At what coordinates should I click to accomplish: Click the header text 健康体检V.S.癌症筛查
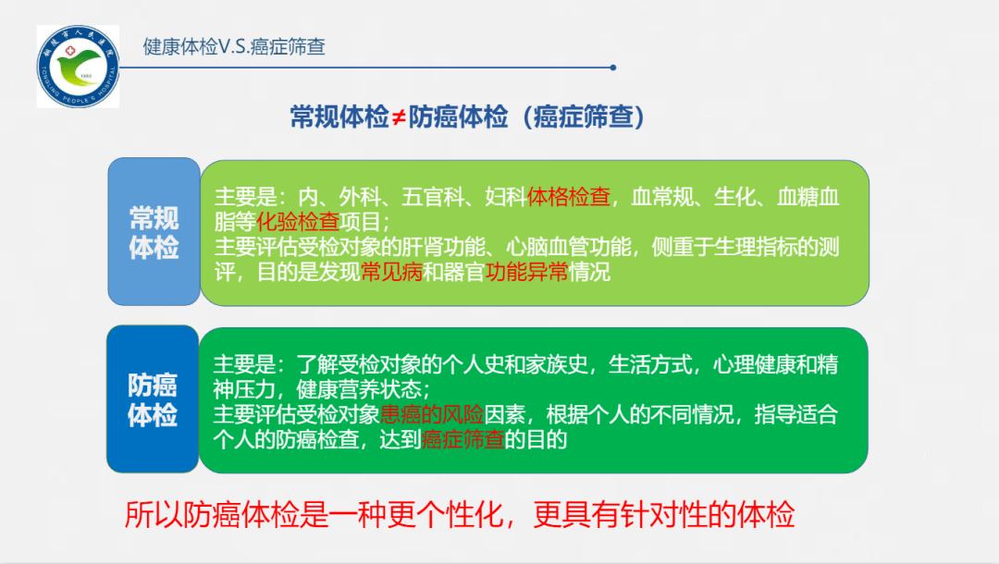pyautogui.click(x=235, y=46)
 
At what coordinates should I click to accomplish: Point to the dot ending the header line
pyautogui.click(x=612, y=67)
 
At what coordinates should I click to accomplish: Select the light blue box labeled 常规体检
pyautogui.click(x=154, y=232)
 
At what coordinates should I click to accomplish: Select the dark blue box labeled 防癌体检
pyautogui.click(x=153, y=398)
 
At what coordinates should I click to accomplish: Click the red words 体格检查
pyautogui.click(x=569, y=197)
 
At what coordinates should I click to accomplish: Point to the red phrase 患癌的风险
pyautogui.click(x=433, y=414)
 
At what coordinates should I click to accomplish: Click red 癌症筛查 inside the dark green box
pyautogui.click(x=462, y=439)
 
